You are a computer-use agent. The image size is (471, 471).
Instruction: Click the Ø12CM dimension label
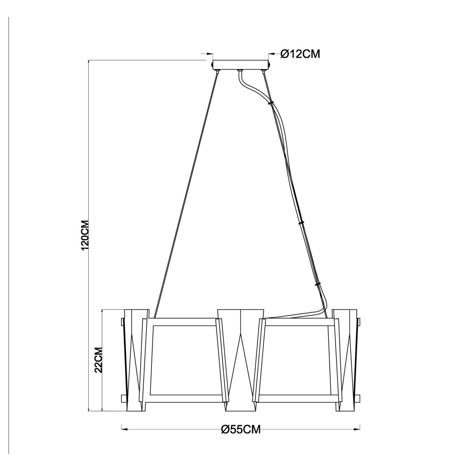pyautogui.click(x=301, y=54)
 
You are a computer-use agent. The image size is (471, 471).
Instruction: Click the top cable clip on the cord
pyautogui.click(x=270, y=103)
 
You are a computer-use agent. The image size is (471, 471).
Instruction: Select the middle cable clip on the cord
pyautogui.click(x=301, y=223)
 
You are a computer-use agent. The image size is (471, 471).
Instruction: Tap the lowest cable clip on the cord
pyautogui.click(x=318, y=285)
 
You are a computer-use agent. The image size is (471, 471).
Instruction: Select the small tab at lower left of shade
pyautogui.click(x=124, y=398)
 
